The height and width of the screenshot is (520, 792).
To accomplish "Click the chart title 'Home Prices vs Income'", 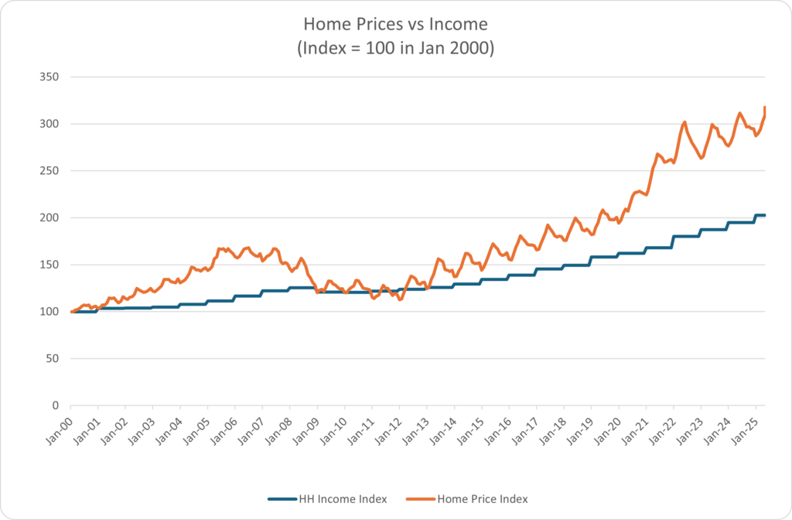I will coord(396,26).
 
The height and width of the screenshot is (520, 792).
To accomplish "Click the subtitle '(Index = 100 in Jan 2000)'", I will coord(396,48).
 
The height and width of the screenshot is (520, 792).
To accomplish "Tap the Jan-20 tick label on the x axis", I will coord(604,427).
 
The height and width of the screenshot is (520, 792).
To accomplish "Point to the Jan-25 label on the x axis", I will coord(741,427).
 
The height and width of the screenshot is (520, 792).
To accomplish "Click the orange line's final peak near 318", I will coord(765,108).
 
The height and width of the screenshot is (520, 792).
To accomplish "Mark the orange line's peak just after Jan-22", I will coord(684,122).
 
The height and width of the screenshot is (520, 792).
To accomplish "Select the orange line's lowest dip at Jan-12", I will coord(400,299).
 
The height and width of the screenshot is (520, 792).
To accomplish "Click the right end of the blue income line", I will coord(765,215).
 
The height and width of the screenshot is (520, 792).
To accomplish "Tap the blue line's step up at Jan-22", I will coord(673,241).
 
